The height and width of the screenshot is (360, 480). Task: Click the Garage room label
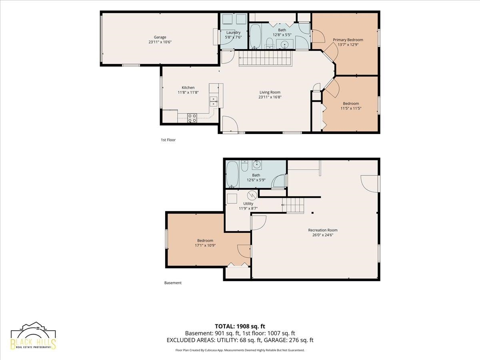coord(160,37)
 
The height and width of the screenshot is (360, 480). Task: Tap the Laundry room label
coord(233,32)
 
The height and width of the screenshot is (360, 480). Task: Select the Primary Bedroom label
coord(348,40)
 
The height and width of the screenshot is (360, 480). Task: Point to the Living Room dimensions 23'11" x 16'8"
coord(270,97)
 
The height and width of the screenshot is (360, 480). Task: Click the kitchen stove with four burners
coord(192,118)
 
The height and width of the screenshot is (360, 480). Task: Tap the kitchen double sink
coord(214,102)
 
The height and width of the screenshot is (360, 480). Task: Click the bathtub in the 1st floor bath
coord(255,36)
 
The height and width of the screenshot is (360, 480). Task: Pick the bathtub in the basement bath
coord(232,174)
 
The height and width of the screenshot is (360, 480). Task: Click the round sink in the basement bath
coord(257,165)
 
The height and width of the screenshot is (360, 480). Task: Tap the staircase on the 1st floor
coord(265,58)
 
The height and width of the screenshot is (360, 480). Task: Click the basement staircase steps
coord(293,205)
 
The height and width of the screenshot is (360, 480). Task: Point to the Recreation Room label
coord(323,230)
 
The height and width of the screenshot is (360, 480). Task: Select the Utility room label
coord(248,204)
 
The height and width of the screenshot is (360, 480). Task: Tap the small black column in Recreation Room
coord(313,213)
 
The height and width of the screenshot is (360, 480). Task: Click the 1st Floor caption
coord(168,140)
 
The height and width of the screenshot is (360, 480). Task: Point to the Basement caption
coord(173,283)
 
